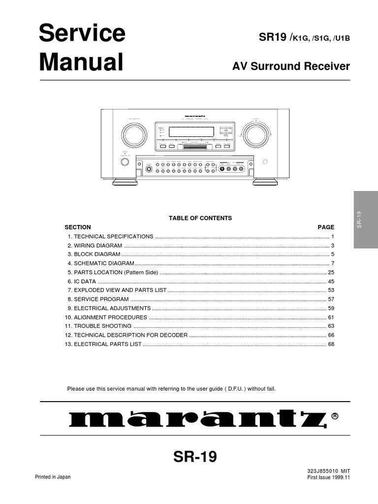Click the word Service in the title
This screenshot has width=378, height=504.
pos(82,34)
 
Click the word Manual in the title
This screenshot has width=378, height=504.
pos(81,63)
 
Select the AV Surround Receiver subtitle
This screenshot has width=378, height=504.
pos(291,66)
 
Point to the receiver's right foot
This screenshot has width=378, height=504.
pos(265,182)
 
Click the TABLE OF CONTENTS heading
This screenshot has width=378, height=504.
pos(200,218)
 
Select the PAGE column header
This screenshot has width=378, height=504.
pos(326,227)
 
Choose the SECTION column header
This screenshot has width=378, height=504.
pos(78,227)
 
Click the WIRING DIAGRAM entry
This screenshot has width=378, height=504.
pos(98,246)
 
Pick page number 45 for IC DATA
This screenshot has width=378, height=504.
pos(331,282)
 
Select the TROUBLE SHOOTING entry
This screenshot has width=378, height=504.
pos(102,326)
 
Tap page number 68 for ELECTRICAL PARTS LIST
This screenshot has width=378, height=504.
pos(331,344)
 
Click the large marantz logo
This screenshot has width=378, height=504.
pos(197,419)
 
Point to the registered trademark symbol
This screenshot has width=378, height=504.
pos(335,416)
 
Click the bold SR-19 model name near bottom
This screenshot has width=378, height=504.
pos(195,458)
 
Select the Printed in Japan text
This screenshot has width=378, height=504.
pos(53,477)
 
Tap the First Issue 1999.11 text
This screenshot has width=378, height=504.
pos(328,477)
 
